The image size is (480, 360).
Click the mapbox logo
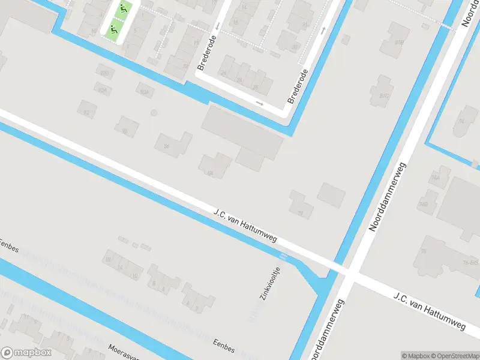(x=26, y=353)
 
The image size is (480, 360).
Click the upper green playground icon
(x=124, y=8)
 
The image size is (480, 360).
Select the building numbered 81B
(x=399, y=42)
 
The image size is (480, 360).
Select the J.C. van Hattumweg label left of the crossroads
(x=245, y=226)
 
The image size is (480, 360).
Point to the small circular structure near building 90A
(x=154, y=113)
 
